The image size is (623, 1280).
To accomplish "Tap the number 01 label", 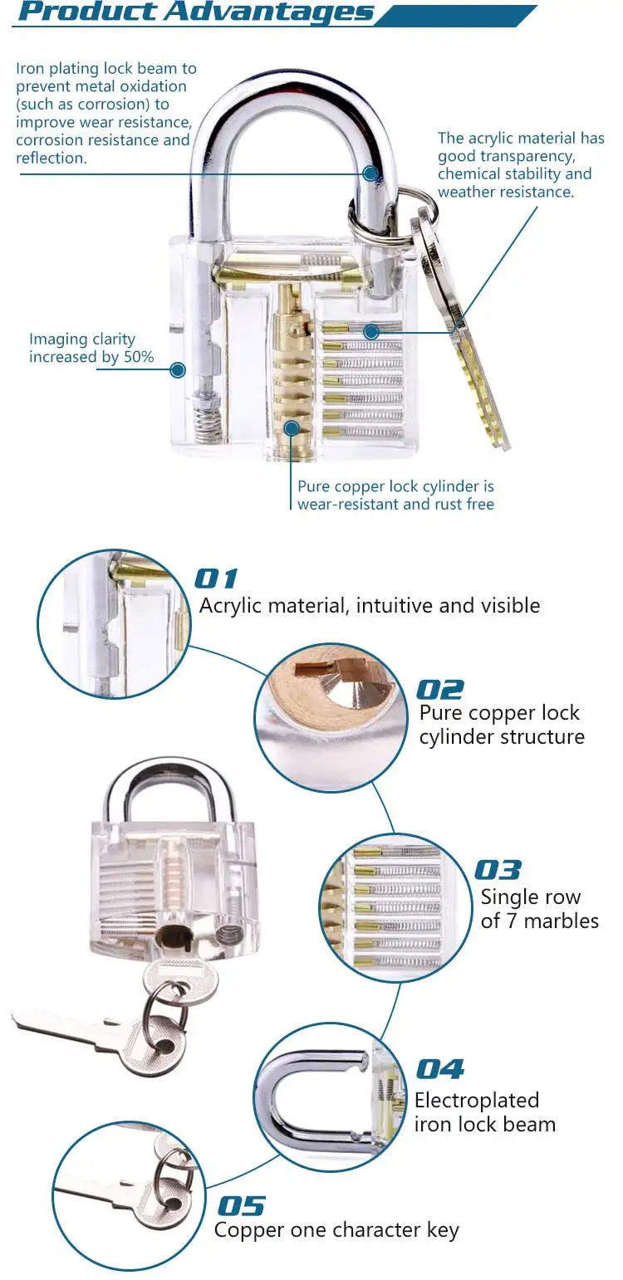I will click(x=216, y=579).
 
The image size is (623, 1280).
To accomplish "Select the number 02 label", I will click(x=439, y=690).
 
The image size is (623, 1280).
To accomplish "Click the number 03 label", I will click(x=498, y=870).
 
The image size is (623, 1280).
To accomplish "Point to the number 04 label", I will click(x=439, y=1069).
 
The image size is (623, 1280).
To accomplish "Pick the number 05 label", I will click(x=241, y=1205).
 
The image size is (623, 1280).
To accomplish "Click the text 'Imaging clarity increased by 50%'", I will click(x=91, y=348).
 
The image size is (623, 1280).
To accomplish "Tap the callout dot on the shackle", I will click(x=370, y=173).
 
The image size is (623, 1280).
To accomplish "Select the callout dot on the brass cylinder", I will click(x=292, y=428).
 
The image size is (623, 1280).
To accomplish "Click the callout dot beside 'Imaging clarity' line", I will click(x=178, y=369).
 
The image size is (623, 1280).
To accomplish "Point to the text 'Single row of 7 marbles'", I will click(x=539, y=909).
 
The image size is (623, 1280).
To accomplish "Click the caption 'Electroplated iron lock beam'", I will click(x=485, y=1112).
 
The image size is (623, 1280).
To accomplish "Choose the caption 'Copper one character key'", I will click(x=336, y=1230).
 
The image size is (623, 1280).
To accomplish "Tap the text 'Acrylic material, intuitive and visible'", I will click(x=370, y=606).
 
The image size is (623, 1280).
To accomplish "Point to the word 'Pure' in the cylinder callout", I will click(x=316, y=486).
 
